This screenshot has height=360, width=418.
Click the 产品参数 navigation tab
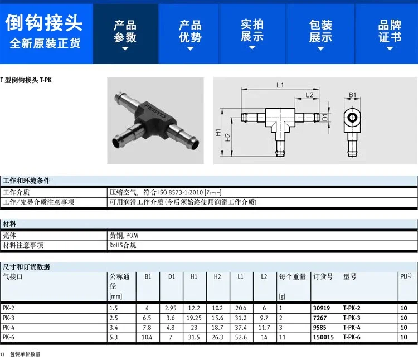click(125, 34)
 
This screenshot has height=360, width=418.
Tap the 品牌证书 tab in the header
click(390, 34)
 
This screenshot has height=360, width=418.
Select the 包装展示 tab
click(320, 34)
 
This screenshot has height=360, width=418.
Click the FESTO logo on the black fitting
click(155, 111)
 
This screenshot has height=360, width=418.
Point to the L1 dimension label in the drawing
click(280, 85)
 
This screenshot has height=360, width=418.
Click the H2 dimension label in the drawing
click(227, 138)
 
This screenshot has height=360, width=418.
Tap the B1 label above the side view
click(352, 95)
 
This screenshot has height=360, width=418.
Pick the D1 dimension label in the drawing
click(325, 117)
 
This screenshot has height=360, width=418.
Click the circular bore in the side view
click(352, 118)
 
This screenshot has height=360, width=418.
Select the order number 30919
click(322, 308)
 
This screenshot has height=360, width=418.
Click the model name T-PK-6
click(352, 337)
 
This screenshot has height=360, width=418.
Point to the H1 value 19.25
click(194, 318)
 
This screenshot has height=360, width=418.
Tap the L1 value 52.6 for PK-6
click(241, 337)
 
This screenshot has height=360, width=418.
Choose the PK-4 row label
click(8, 328)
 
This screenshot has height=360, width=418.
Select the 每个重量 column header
click(293, 276)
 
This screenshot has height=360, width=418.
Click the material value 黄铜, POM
click(124, 236)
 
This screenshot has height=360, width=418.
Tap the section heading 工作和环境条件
click(26, 181)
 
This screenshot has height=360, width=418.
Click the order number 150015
click(323, 337)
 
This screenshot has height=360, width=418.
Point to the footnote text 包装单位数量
click(25, 354)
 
